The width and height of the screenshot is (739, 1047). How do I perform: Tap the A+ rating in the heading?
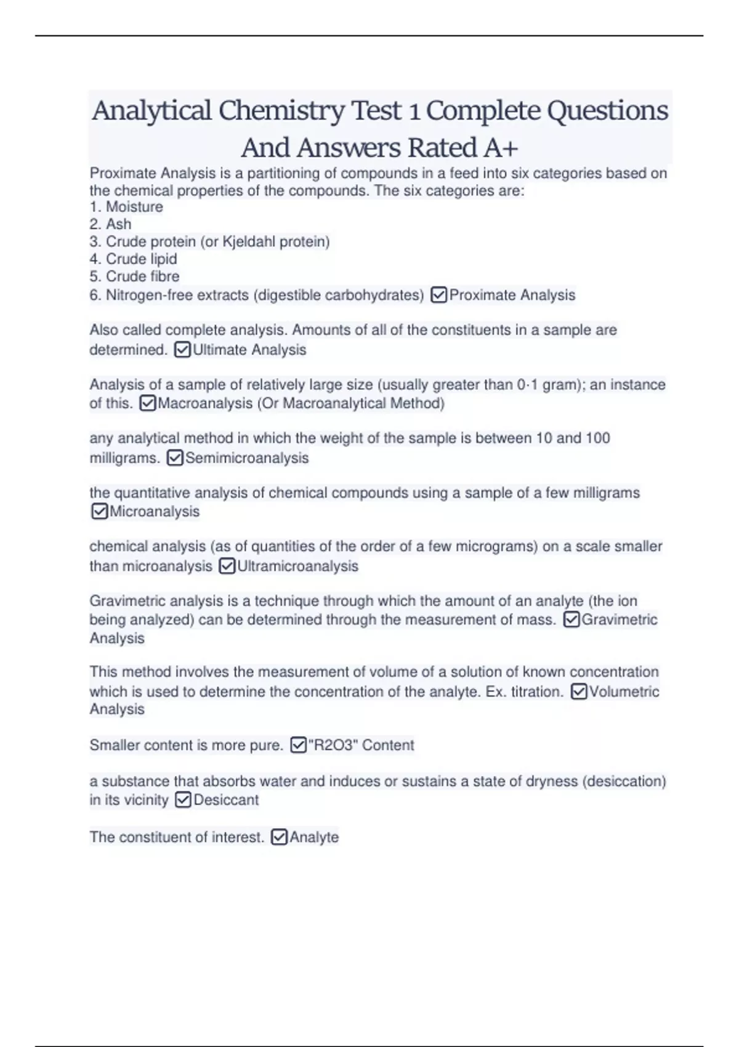(501, 148)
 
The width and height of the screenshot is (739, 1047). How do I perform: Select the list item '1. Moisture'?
(126, 207)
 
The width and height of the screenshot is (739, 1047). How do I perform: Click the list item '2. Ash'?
(110, 224)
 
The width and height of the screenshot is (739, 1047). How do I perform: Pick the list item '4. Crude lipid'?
(133, 259)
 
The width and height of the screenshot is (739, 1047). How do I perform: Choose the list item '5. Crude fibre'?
(134, 276)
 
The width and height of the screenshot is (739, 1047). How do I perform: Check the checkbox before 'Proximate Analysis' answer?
(439, 295)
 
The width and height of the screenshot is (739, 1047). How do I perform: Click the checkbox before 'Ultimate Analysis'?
(183, 350)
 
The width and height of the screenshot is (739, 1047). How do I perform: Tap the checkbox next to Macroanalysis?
(148, 403)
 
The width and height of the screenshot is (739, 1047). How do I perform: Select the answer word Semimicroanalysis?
(247, 458)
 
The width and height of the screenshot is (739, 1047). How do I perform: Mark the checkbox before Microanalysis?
(99, 511)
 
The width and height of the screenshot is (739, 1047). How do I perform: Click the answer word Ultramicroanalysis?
(297, 566)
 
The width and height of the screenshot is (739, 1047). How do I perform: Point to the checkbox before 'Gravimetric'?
(571, 620)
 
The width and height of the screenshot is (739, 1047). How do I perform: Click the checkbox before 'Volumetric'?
(579, 692)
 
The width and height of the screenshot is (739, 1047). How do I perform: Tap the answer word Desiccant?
(226, 800)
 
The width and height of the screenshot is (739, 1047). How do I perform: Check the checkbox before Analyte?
(279, 837)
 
